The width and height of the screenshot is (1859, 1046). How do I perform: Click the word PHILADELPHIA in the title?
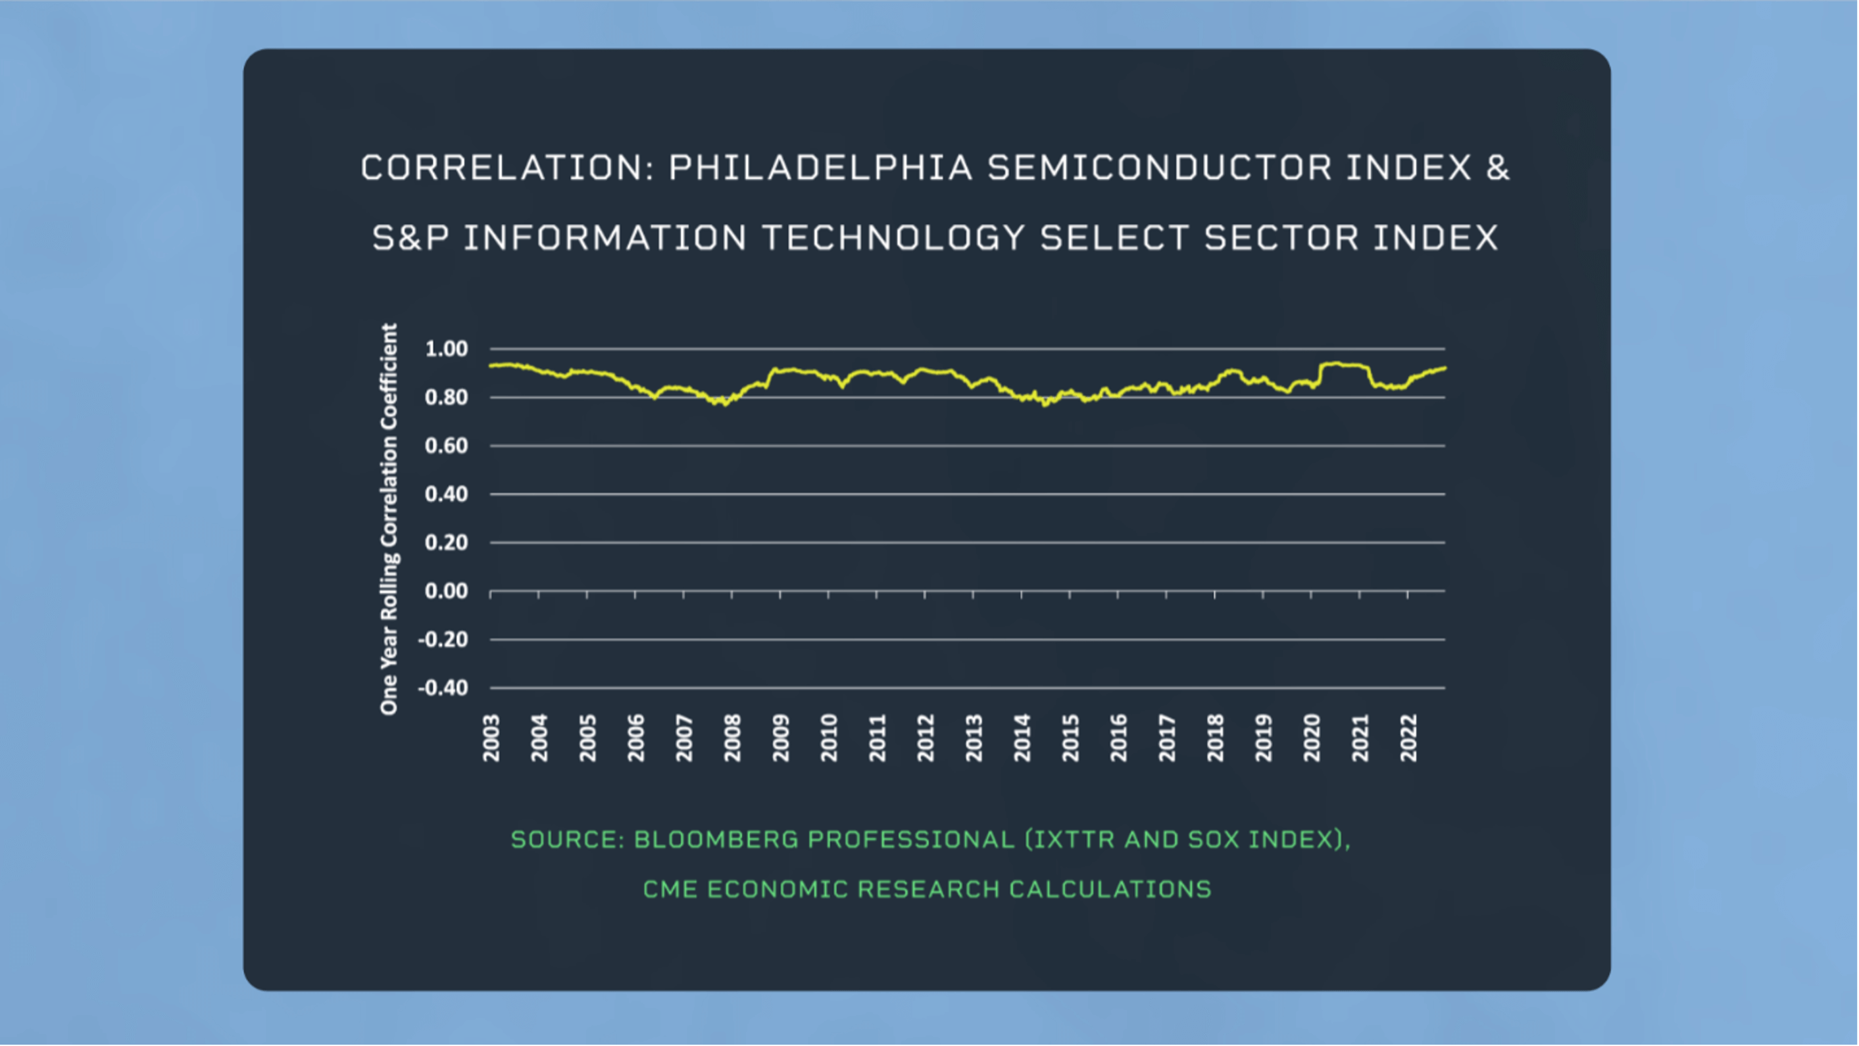(820, 168)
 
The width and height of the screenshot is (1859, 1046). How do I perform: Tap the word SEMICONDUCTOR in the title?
(1159, 168)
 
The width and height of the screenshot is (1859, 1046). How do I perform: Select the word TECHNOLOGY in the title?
(893, 238)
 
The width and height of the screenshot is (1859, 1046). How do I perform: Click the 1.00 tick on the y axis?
(446, 349)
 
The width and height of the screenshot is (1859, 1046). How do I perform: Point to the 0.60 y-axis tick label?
(446, 446)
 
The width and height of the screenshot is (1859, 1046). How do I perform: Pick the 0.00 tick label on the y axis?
(446, 592)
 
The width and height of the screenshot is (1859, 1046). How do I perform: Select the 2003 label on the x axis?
(491, 738)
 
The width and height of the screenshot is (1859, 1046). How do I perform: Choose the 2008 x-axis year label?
(733, 738)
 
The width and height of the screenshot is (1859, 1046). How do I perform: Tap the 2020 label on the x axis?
(1311, 738)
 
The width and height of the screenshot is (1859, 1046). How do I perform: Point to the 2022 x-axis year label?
(1408, 738)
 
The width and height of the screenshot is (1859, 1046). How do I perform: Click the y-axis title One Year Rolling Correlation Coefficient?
(389, 519)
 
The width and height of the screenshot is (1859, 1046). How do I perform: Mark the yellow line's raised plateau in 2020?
(1343, 364)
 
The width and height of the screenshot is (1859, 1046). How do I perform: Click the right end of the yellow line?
(1445, 368)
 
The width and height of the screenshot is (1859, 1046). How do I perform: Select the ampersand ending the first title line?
(1497, 168)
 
